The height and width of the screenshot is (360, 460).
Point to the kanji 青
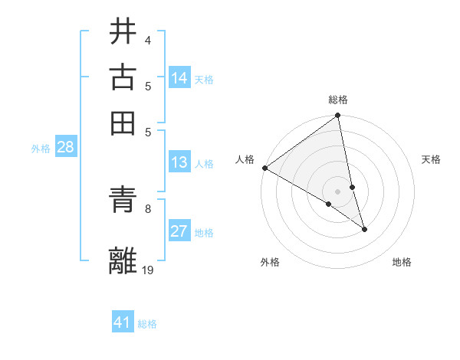[x=123, y=201]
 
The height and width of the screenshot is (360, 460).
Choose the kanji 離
[x=123, y=260]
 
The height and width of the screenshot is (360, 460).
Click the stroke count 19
[x=148, y=269]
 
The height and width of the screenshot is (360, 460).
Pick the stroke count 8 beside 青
[x=147, y=208]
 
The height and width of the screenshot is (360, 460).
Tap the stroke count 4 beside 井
[x=147, y=40]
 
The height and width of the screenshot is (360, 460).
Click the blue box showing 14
[x=179, y=78]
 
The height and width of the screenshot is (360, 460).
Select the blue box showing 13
[x=179, y=162]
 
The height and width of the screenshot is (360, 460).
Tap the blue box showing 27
[x=179, y=232]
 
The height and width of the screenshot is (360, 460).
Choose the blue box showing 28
[x=65, y=148]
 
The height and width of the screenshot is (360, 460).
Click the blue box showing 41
[x=123, y=322]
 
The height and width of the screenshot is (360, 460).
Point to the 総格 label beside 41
[x=147, y=324]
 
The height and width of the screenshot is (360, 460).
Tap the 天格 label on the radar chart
[x=431, y=159]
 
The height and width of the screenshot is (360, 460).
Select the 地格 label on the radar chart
[x=402, y=262]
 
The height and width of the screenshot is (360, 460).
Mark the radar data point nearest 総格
[x=337, y=116]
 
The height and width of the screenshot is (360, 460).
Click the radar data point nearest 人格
[x=264, y=168]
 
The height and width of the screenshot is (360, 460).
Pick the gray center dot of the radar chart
[x=337, y=191]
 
